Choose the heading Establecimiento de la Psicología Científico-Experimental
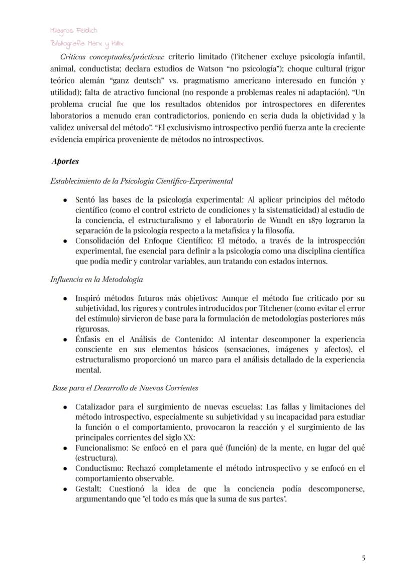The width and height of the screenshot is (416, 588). click(x=141, y=180)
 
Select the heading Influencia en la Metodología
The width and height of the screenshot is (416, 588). click(x=96, y=279)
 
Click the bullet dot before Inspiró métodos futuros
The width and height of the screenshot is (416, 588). click(x=65, y=298)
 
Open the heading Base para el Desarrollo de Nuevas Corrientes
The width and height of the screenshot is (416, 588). click(x=125, y=388)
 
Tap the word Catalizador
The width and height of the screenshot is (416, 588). click(x=96, y=406)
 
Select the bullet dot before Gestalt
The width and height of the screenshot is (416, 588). click(x=65, y=488)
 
